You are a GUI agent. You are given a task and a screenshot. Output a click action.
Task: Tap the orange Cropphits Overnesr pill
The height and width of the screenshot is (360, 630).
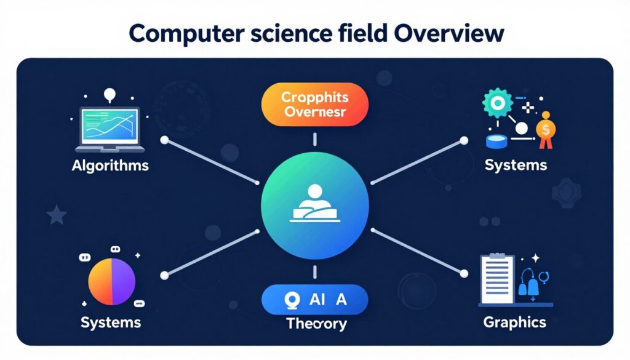[314, 105]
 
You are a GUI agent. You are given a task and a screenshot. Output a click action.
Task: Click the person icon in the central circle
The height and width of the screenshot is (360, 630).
[314, 203]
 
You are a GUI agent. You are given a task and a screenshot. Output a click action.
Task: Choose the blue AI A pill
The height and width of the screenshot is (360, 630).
[314, 300]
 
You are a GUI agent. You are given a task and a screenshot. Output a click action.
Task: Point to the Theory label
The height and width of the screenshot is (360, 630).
[316, 324]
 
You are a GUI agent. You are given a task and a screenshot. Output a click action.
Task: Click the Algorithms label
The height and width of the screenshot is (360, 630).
[110, 166]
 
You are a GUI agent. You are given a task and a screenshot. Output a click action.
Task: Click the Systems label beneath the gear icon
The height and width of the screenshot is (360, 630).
[516, 166]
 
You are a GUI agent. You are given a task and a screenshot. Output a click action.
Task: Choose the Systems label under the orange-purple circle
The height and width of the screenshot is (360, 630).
[111, 322]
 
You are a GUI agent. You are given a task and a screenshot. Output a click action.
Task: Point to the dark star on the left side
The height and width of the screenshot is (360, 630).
[57, 215]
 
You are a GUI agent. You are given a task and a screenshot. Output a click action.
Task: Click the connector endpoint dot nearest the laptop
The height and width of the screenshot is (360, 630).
[164, 140]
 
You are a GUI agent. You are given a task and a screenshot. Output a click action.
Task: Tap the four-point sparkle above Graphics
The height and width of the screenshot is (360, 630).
[536, 258]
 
